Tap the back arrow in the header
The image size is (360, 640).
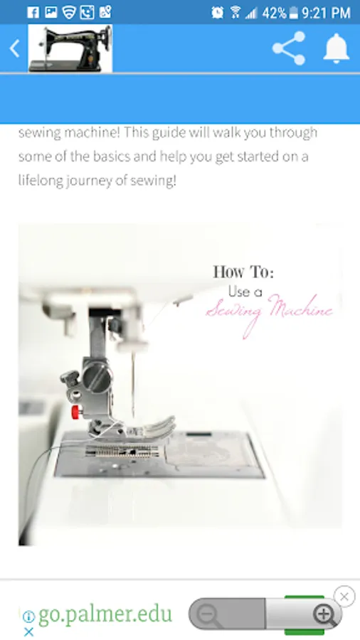pos(15,49)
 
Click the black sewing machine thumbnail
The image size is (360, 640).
pos(70,48)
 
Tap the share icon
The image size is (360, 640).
pos(289,48)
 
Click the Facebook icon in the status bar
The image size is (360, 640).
pos(33,12)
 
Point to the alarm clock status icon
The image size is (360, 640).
pos(217,13)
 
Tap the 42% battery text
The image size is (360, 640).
pos(275,13)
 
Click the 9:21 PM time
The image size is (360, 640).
pos(326,13)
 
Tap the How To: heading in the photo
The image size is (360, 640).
pos(243,272)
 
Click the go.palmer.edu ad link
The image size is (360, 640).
pos(105,614)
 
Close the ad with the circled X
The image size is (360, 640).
pos(344,597)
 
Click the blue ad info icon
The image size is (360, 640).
pos(28,617)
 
